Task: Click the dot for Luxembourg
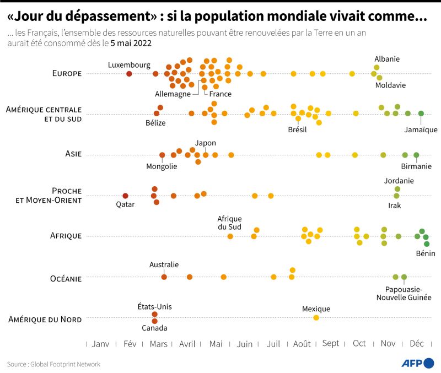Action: coord(129,74)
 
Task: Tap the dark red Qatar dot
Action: coord(125,196)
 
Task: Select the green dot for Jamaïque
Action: coord(421,113)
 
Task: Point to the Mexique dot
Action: coord(316,317)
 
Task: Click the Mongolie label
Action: coord(162,166)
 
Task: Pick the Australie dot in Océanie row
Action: coord(164,277)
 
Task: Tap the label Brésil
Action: coord(297,129)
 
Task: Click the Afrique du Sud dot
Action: coord(230,236)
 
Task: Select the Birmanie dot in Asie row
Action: coord(416,155)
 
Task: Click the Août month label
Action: coord(302,344)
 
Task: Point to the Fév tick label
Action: coord(130,344)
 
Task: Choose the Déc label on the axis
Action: coord(417,344)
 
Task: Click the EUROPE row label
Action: coord(67,73)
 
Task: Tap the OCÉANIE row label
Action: coord(66,279)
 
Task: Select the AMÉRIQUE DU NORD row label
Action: coord(45,320)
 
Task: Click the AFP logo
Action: coord(417,363)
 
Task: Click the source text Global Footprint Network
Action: coord(66,364)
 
